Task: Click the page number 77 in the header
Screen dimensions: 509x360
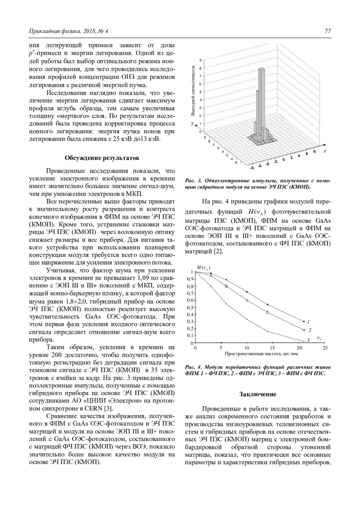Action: click(x=328, y=31)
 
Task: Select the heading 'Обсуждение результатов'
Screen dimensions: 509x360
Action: click(x=102, y=158)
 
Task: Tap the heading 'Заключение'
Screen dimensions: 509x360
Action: click(x=258, y=394)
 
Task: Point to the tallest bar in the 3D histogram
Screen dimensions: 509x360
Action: click(x=262, y=99)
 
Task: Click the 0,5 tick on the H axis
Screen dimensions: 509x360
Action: click(x=190, y=307)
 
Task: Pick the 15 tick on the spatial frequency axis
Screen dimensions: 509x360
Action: click(x=272, y=348)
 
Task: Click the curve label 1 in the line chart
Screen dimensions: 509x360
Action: click(x=308, y=322)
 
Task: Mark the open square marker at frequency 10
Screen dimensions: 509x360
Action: click(x=247, y=300)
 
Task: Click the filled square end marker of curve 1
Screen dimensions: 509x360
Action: click(x=304, y=321)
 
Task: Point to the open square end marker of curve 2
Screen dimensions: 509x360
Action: click(x=304, y=330)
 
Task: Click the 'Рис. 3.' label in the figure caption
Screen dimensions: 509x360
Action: click(x=192, y=181)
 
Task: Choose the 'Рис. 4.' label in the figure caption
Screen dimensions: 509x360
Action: click(x=192, y=367)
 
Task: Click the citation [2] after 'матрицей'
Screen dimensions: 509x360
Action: click(x=218, y=251)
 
